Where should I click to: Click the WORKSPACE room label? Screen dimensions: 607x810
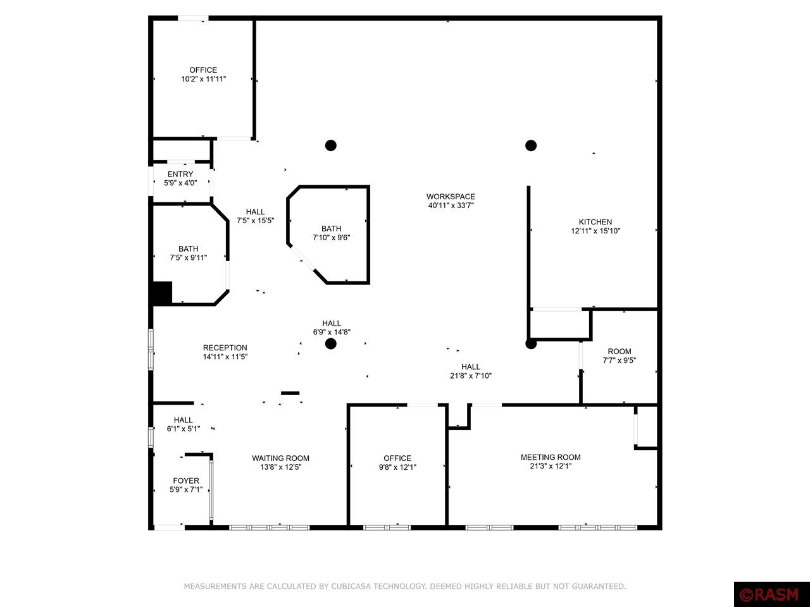451,197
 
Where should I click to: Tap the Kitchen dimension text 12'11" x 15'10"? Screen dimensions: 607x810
595,231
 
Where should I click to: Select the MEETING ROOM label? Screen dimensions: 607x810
551,457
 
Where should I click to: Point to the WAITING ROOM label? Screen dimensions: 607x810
280,458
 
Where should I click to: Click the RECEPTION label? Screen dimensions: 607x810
225,348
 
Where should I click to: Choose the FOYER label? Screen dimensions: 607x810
186,481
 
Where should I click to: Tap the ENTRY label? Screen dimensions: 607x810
180,175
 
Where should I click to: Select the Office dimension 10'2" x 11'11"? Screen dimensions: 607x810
203,79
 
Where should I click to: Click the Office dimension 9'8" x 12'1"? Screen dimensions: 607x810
397,467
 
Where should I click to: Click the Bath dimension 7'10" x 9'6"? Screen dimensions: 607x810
331,238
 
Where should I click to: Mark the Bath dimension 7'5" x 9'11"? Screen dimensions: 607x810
188,258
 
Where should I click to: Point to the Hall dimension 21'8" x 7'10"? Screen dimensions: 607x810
471,376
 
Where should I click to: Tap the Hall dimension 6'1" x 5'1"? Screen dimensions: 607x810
184,429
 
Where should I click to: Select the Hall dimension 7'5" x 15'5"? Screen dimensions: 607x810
255,221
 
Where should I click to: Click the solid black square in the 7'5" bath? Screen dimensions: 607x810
162,293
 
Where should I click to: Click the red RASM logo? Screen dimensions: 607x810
771,594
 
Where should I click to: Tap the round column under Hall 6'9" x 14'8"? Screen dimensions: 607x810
330,344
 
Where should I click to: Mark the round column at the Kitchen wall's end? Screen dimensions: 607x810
531,344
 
